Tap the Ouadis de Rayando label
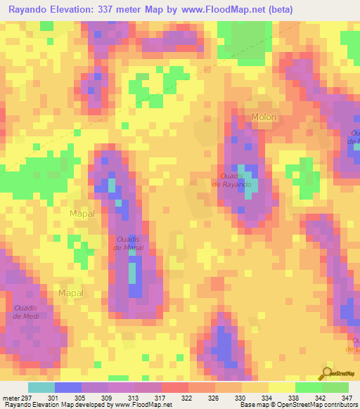[x=236, y=180]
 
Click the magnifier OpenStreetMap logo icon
[x=326, y=373]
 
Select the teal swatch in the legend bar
[x=41, y=387]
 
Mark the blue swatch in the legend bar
[x=68, y=387]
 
